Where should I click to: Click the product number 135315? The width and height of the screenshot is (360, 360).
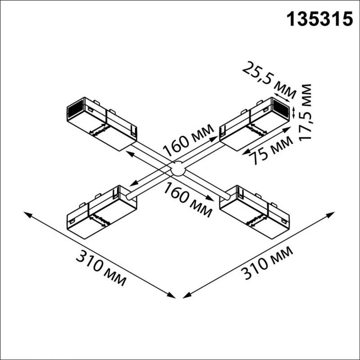tap(319, 18)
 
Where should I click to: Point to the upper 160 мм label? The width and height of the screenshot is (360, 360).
tap(188, 140)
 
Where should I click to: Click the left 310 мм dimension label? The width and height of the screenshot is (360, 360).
tap(100, 269)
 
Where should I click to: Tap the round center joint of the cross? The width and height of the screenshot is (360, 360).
tap(178, 169)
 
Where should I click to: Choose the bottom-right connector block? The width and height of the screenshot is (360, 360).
tap(254, 211)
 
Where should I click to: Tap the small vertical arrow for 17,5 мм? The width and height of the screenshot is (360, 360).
tap(294, 111)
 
